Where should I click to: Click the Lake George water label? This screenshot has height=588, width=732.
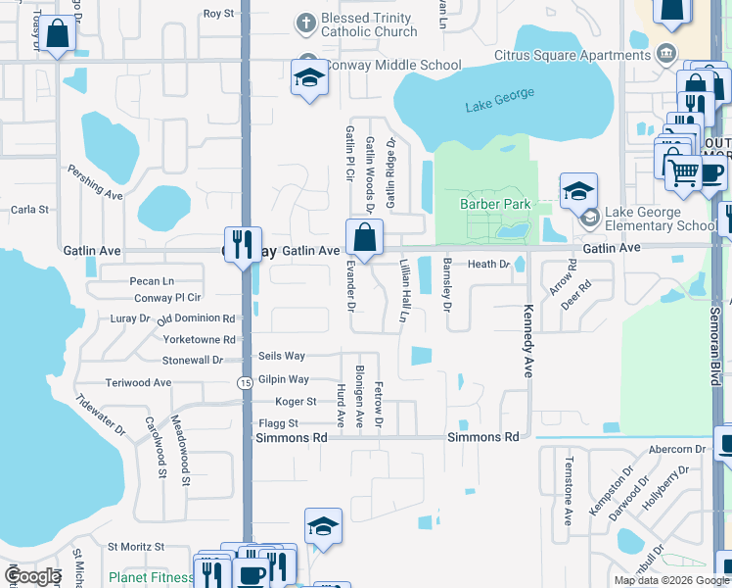point(500,99)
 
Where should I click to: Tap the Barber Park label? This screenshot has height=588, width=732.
point(495,204)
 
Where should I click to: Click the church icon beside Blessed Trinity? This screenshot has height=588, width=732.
point(306,22)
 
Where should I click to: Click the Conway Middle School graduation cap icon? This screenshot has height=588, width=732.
point(309,77)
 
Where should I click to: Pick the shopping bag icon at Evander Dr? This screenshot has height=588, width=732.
point(363,237)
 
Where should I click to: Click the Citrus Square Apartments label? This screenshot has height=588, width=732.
point(560,55)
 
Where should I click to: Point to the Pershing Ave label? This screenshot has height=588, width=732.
point(95,181)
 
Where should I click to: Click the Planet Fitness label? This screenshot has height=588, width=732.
point(151,577)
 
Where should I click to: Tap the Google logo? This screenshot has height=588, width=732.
point(32,576)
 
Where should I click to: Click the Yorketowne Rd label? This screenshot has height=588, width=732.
point(202,340)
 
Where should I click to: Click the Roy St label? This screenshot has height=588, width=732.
point(218,14)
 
